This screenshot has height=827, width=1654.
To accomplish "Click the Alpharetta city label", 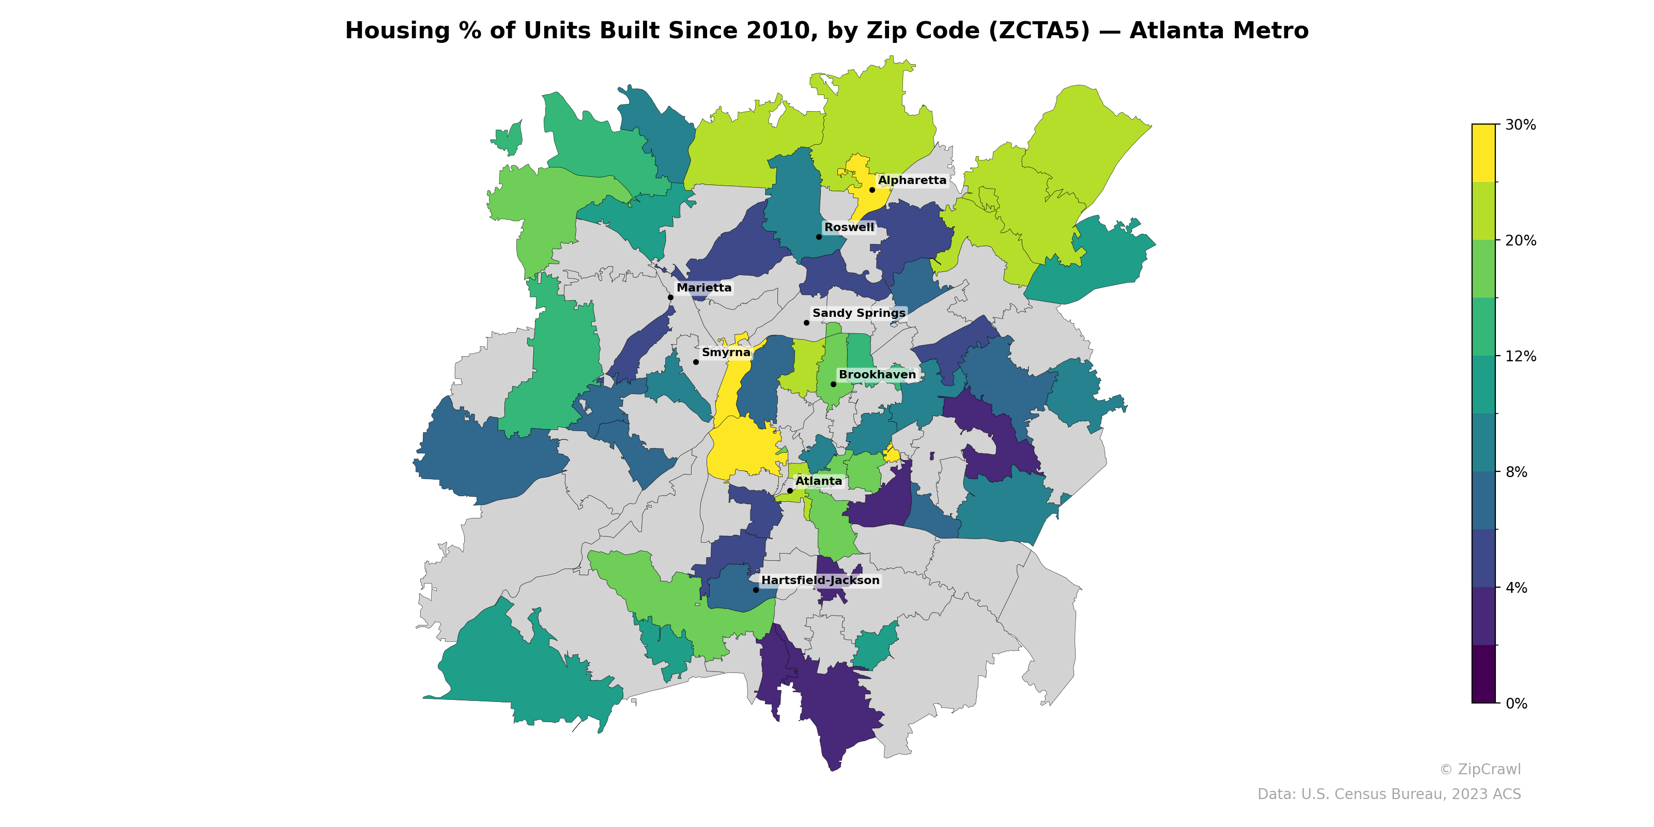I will (x=912, y=180).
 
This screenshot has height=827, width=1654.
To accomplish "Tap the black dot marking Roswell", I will (x=819, y=237).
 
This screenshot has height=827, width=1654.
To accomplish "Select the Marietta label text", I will (x=703, y=288).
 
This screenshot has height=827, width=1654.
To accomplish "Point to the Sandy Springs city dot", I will (x=806, y=323).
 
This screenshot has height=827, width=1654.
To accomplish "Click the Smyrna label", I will (x=726, y=353).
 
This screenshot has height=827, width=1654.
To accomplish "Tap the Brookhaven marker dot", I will (x=833, y=384).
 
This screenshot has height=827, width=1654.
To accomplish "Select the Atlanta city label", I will (x=818, y=481).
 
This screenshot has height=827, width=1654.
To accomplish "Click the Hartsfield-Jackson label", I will (x=820, y=580).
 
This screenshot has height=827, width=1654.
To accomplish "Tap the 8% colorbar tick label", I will (x=1516, y=472).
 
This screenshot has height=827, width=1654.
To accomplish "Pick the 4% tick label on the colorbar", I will (x=1516, y=588).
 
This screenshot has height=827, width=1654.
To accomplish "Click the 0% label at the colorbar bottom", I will (x=1516, y=703).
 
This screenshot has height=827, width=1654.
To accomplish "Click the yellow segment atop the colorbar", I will (x=1483, y=153).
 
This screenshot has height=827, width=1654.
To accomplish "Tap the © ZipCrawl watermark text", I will (x=1479, y=769).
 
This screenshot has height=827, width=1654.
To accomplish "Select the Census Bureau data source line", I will (x=1388, y=794).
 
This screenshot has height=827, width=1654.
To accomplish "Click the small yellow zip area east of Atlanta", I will (x=891, y=453).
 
